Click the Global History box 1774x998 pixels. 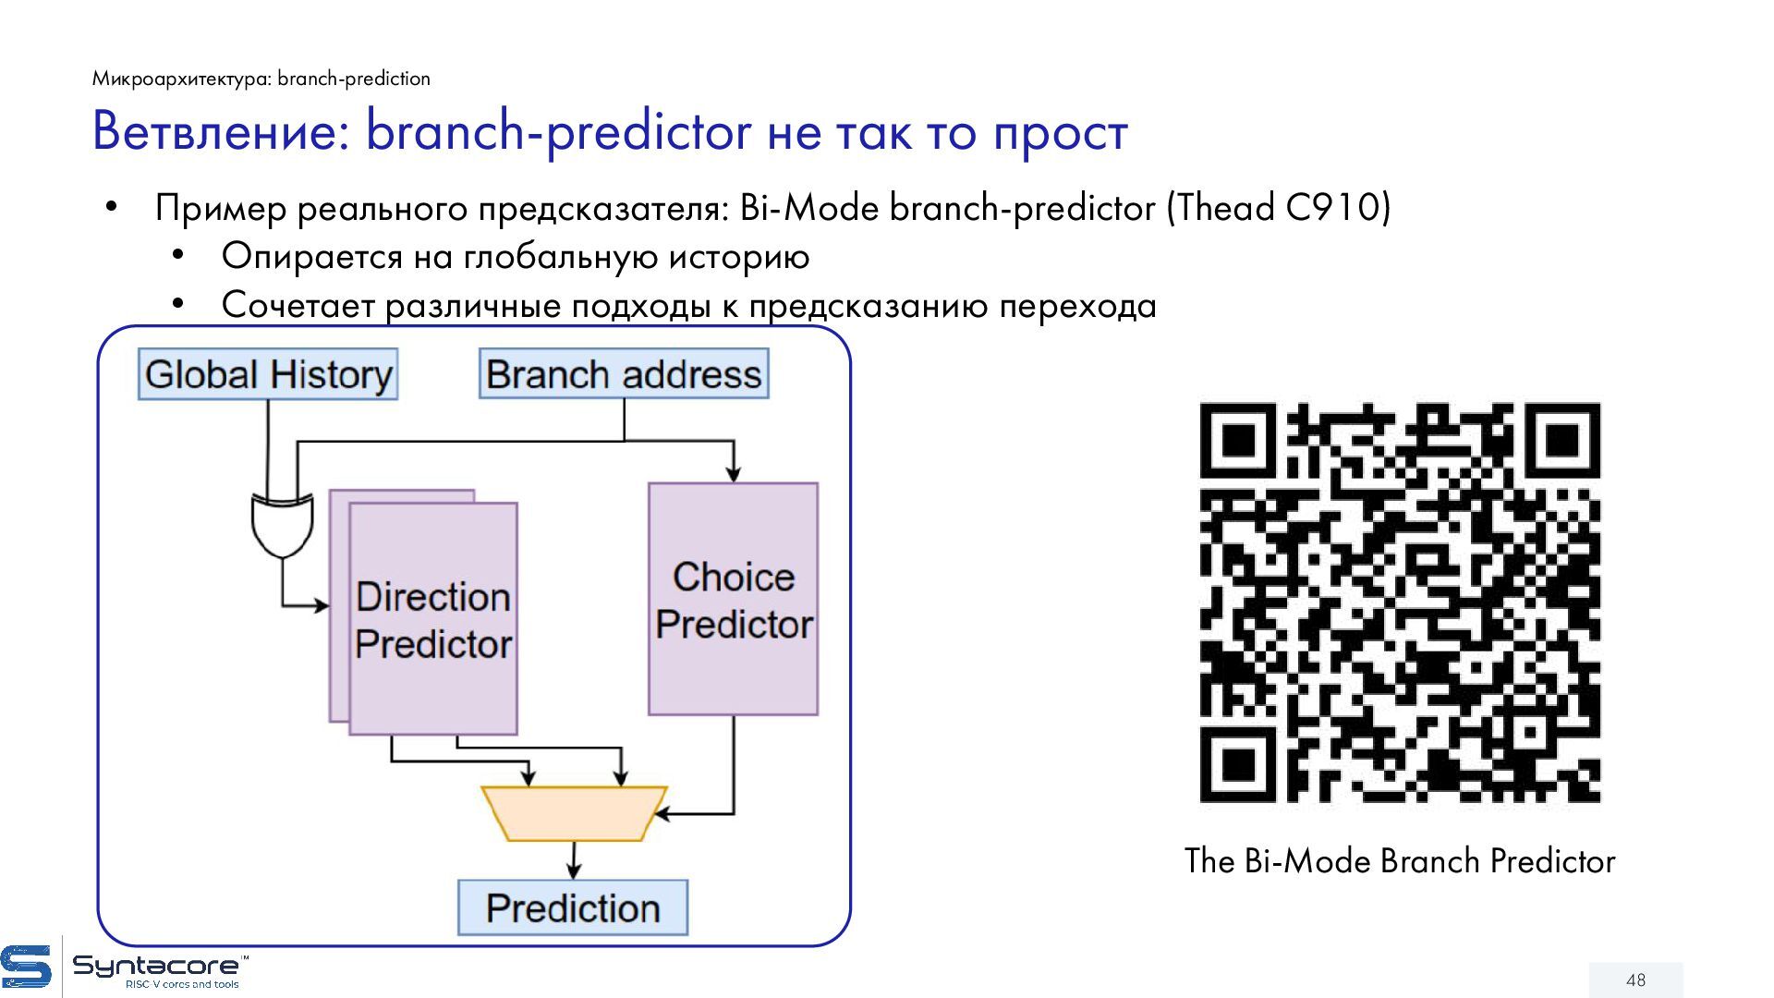tap(268, 374)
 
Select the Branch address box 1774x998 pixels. tap(624, 374)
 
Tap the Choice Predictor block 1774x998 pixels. tap(733, 599)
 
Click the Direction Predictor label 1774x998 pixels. tap(433, 620)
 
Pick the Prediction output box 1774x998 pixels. tap(573, 907)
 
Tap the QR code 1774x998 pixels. tap(1399, 602)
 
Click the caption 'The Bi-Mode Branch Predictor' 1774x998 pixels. tap(1399, 861)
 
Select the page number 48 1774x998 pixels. tap(1635, 980)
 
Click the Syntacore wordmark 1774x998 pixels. tap(157, 967)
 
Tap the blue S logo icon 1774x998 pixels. tap(26, 968)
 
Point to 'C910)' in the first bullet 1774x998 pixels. tap(1338, 208)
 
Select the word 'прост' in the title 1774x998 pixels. tap(1061, 133)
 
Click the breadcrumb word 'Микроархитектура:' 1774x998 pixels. tap(181, 79)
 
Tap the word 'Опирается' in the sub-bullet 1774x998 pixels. tap(311, 257)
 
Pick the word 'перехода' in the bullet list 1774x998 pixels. tap(1077, 306)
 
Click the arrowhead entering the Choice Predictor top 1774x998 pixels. tap(733, 475)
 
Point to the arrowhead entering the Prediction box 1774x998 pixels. tap(574, 871)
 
